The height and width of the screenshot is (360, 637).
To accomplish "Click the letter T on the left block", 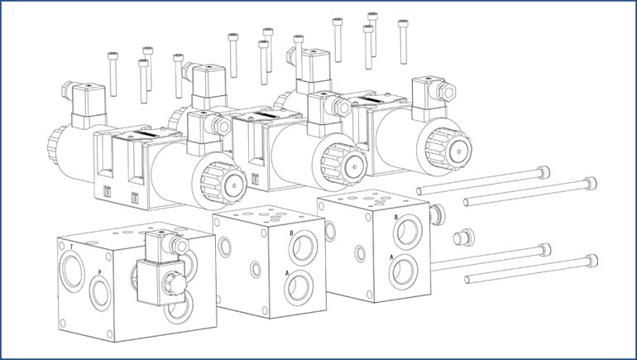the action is [71, 247].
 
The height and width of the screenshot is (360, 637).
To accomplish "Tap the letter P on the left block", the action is [99, 271].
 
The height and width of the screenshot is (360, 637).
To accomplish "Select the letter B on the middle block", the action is [291, 233].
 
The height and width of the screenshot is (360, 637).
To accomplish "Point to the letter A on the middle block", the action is [287, 273].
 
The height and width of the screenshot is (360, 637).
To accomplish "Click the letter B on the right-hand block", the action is [395, 217].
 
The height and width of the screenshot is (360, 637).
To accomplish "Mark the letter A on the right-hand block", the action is [391, 257].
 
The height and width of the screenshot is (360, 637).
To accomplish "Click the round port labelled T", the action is [72, 271].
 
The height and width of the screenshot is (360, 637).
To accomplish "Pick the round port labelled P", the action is [100, 292].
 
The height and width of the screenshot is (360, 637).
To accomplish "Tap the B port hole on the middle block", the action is [303, 247].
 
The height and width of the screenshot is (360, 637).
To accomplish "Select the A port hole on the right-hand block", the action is [403, 271].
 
